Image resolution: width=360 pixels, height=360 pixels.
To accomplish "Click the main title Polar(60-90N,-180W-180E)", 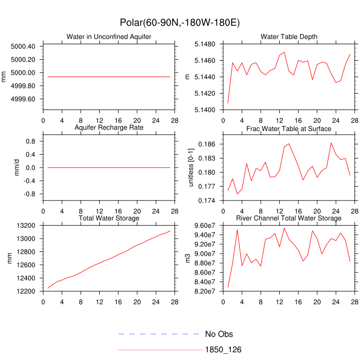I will pos(179,23).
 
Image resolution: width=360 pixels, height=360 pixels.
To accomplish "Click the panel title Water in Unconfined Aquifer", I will pos(105,37).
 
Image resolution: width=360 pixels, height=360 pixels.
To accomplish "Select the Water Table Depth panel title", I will pos(289,37).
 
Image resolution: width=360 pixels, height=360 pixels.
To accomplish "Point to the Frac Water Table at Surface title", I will pos(289,128).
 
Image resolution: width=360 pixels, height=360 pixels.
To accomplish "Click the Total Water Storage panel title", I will pos(109,219).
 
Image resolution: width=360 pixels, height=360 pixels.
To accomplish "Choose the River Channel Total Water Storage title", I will pos(289,219).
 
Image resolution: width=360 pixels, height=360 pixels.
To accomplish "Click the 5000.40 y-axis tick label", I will pos(23,46).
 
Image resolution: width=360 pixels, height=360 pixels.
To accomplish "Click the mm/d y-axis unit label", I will pos(16,168).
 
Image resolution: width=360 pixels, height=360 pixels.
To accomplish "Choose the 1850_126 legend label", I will pos(223,350).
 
